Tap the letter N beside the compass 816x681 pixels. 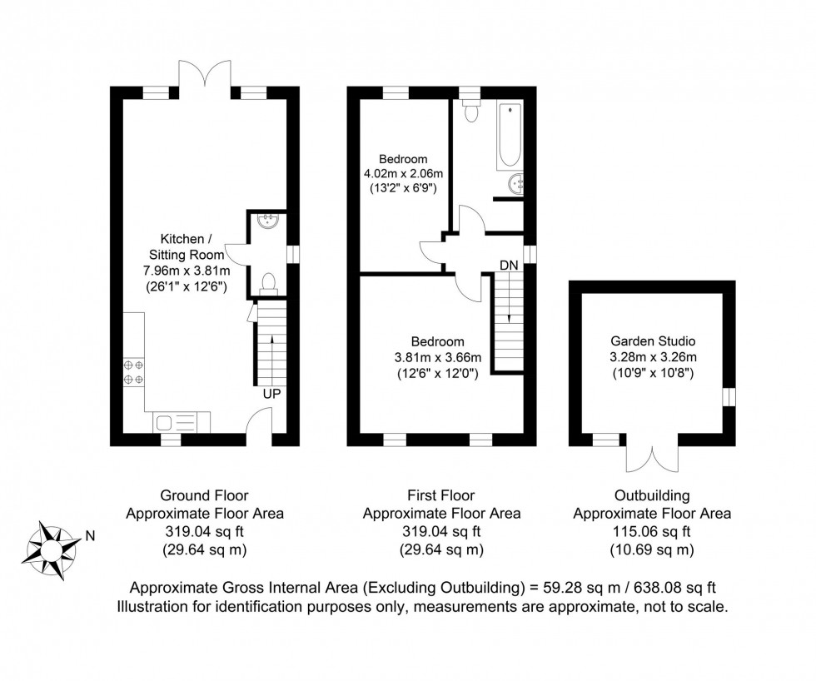coord(89,537)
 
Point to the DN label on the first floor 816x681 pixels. coord(509,265)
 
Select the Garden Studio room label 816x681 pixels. coord(652,340)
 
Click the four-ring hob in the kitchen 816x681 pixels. coord(132,372)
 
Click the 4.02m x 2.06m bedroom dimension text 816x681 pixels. coord(403,173)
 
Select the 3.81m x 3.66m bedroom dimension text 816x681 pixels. coord(436,357)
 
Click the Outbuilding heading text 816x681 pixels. coord(652,496)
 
